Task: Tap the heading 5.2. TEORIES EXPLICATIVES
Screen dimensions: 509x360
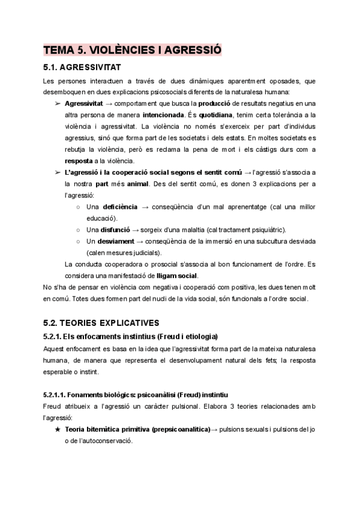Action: click(x=100, y=322)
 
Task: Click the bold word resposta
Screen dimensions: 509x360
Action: click(x=79, y=160)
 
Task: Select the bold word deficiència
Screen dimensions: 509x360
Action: click(x=119, y=206)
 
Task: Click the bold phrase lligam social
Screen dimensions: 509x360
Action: click(x=176, y=275)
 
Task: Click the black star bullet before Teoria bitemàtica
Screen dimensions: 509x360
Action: click(x=57, y=429)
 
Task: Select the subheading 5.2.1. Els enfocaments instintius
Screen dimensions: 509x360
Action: click(x=130, y=336)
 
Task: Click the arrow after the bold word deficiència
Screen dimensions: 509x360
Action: click(x=145, y=206)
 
